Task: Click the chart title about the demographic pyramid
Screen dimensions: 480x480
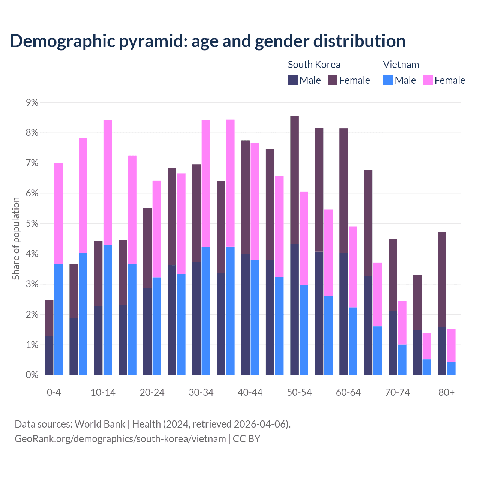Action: (x=208, y=41)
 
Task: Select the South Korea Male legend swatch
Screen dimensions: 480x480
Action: (x=293, y=80)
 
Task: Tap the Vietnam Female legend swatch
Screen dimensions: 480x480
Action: (x=427, y=80)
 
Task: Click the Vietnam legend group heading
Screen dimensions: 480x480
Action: (x=401, y=64)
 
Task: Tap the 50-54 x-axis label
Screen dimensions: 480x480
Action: (x=299, y=392)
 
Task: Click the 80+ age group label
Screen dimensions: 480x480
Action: (x=446, y=392)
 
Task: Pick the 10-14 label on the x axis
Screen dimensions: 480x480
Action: (x=103, y=392)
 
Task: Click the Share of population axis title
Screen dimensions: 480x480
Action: (x=16, y=238)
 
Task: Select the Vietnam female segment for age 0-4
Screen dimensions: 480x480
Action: (x=58, y=213)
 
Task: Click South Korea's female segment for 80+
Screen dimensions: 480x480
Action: (x=442, y=279)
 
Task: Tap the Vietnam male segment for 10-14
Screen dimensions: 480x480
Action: (x=108, y=310)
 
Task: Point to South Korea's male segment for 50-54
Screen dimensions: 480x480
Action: (x=295, y=309)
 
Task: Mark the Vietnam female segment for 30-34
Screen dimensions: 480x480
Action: (x=206, y=183)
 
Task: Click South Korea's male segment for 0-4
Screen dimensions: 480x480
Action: (x=49, y=355)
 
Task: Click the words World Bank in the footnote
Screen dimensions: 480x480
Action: (x=100, y=424)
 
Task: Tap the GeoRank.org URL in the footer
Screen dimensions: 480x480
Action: (x=120, y=439)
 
